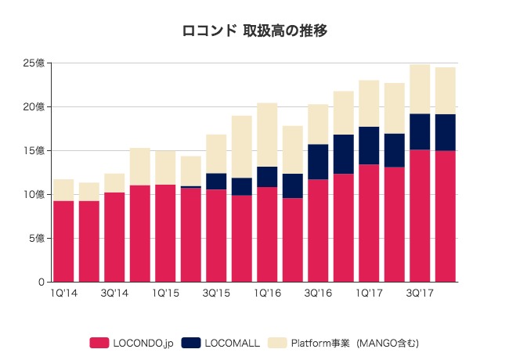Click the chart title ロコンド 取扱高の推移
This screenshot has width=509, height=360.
coord(254,31)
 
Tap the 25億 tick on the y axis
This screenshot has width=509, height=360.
coord(34,63)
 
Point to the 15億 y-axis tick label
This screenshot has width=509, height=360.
coord(34,150)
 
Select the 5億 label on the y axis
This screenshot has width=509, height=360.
coord(37,238)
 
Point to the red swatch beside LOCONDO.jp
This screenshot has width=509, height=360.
coord(99,342)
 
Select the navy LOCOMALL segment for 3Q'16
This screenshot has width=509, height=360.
coord(318,162)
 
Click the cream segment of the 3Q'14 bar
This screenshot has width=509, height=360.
coord(114,183)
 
